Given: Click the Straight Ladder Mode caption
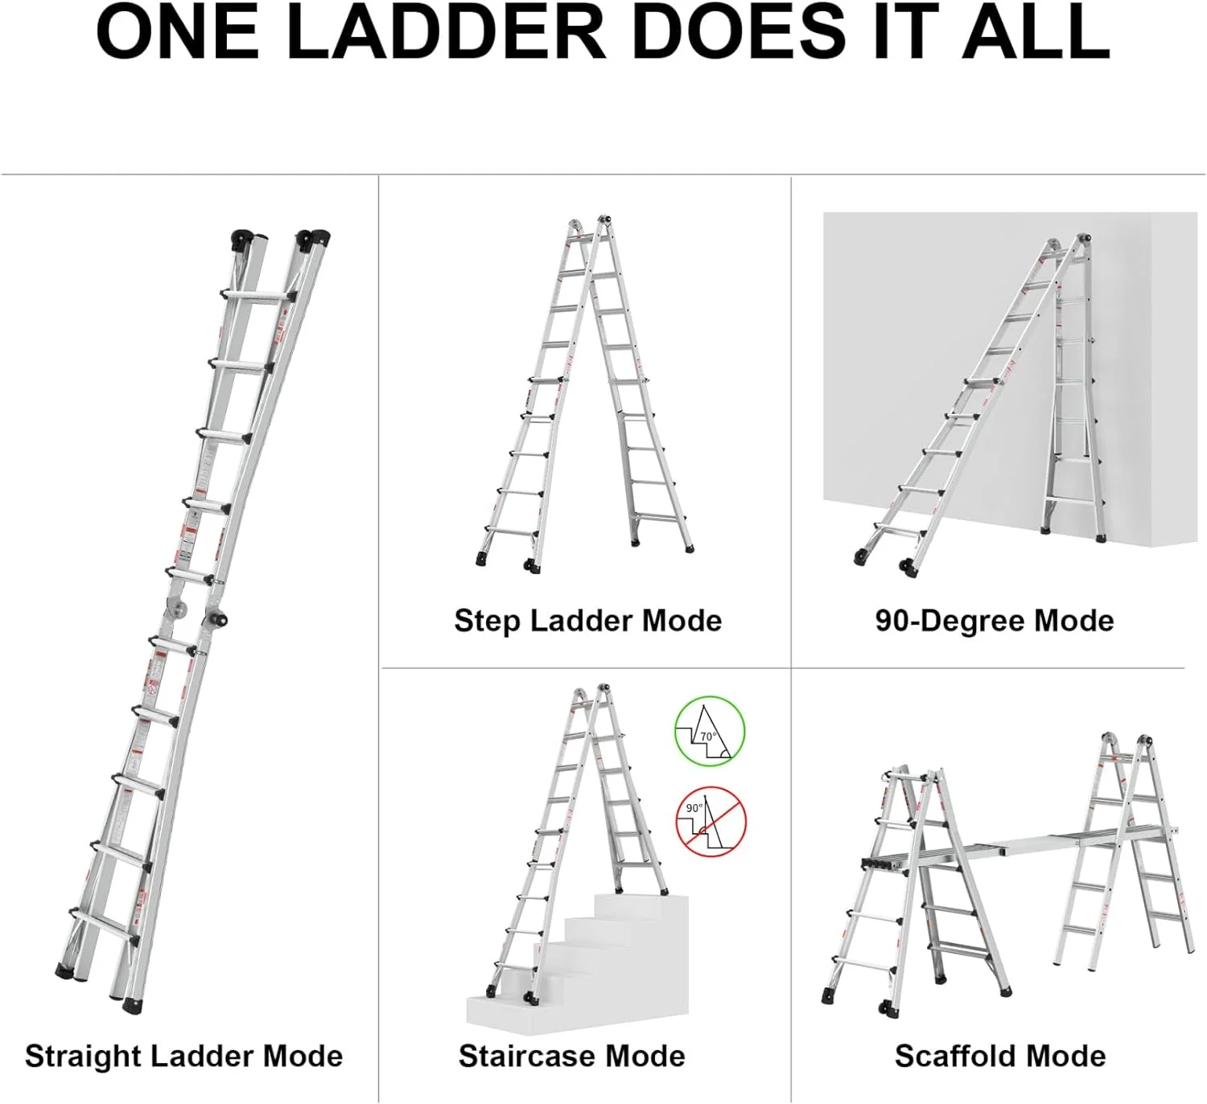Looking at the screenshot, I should click(183, 1056).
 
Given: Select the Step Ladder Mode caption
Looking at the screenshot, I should click(587, 621).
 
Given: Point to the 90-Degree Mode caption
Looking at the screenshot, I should click(995, 621).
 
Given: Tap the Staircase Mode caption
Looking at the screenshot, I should click(571, 1056).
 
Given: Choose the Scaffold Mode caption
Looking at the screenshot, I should click(1000, 1056).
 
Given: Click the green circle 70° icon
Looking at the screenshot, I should click(709, 731).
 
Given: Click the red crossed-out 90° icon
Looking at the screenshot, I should click(711, 822).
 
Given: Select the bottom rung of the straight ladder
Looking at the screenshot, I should click(103, 925).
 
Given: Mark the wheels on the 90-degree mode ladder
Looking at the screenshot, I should click(908, 568).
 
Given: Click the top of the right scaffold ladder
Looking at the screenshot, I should click(1127, 741).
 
